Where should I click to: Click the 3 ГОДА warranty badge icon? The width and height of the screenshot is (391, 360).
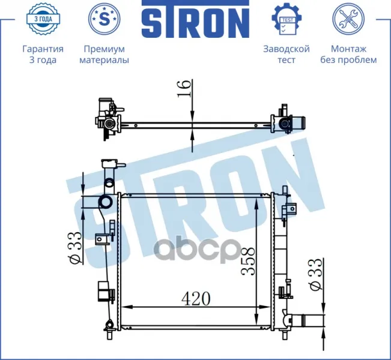(43, 19)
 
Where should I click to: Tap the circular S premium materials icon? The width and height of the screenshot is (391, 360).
(105, 19)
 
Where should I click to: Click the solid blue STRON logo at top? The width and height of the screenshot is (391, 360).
(196, 19)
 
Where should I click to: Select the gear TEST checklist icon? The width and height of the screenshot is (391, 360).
(286, 19)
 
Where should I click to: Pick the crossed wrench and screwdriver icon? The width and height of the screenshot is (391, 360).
(348, 19)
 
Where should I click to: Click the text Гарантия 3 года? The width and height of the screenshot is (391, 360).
(43, 55)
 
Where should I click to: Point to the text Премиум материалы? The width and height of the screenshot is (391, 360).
(105, 55)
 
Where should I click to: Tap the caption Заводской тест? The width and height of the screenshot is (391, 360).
(286, 55)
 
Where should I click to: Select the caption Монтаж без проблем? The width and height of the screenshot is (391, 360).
(348, 55)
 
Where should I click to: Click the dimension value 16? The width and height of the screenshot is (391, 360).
(184, 89)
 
